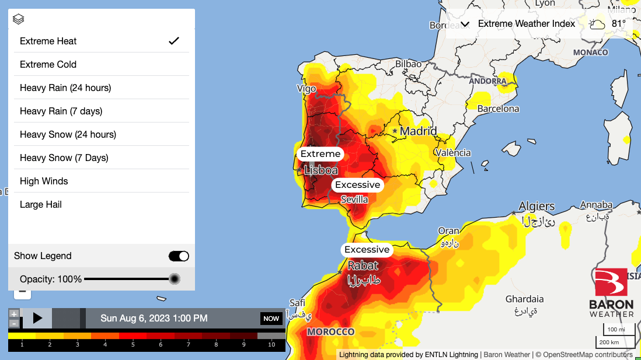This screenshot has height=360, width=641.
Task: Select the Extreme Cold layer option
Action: tap(48, 64)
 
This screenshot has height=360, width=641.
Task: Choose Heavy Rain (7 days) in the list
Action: tap(61, 111)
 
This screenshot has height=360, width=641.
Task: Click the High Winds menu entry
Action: tap(44, 181)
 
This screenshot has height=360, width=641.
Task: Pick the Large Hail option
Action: tap(41, 204)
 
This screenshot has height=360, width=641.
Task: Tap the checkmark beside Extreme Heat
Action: tap(173, 41)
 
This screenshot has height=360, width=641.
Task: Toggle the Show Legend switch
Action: tap(179, 256)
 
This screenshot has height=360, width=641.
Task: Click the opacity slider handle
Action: tap(174, 279)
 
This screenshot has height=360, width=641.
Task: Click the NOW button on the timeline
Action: tap(271, 319)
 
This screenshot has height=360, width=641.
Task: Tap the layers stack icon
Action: tap(18, 19)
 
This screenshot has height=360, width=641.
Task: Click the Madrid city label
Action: tap(418, 131)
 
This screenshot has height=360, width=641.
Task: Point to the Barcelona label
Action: tap(498, 109)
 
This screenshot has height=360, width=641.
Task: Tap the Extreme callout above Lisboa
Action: tap(320, 154)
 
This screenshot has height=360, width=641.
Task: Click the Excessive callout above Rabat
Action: tap(367, 250)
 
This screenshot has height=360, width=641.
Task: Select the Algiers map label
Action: tap(537, 206)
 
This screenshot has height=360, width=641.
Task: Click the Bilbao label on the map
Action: tap(408, 64)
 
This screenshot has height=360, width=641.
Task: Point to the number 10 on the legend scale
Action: tap(271, 345)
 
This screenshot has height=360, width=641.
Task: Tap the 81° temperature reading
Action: tap(619, 24)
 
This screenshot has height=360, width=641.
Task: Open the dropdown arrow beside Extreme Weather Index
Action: tap(465, 24)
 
